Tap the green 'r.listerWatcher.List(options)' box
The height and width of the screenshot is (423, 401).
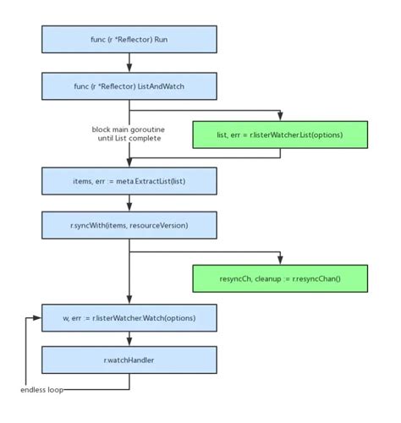click(x=279, y=134)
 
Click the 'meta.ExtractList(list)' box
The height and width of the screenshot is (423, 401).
click(x=128, y=180)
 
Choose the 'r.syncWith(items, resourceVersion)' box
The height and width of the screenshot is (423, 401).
click(x=128, y=227)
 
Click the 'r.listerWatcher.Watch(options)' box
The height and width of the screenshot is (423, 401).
click(x=128, y=319)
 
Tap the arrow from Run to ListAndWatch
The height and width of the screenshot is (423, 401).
click(x=128, y=62)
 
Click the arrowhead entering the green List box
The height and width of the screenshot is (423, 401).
click(x=279, y=117)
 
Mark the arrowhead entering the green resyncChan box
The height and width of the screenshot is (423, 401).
click(x=279, y=258)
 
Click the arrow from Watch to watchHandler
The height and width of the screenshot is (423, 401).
click(x=128, y=339)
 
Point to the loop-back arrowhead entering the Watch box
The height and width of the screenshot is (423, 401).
click(x=37, y=319)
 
